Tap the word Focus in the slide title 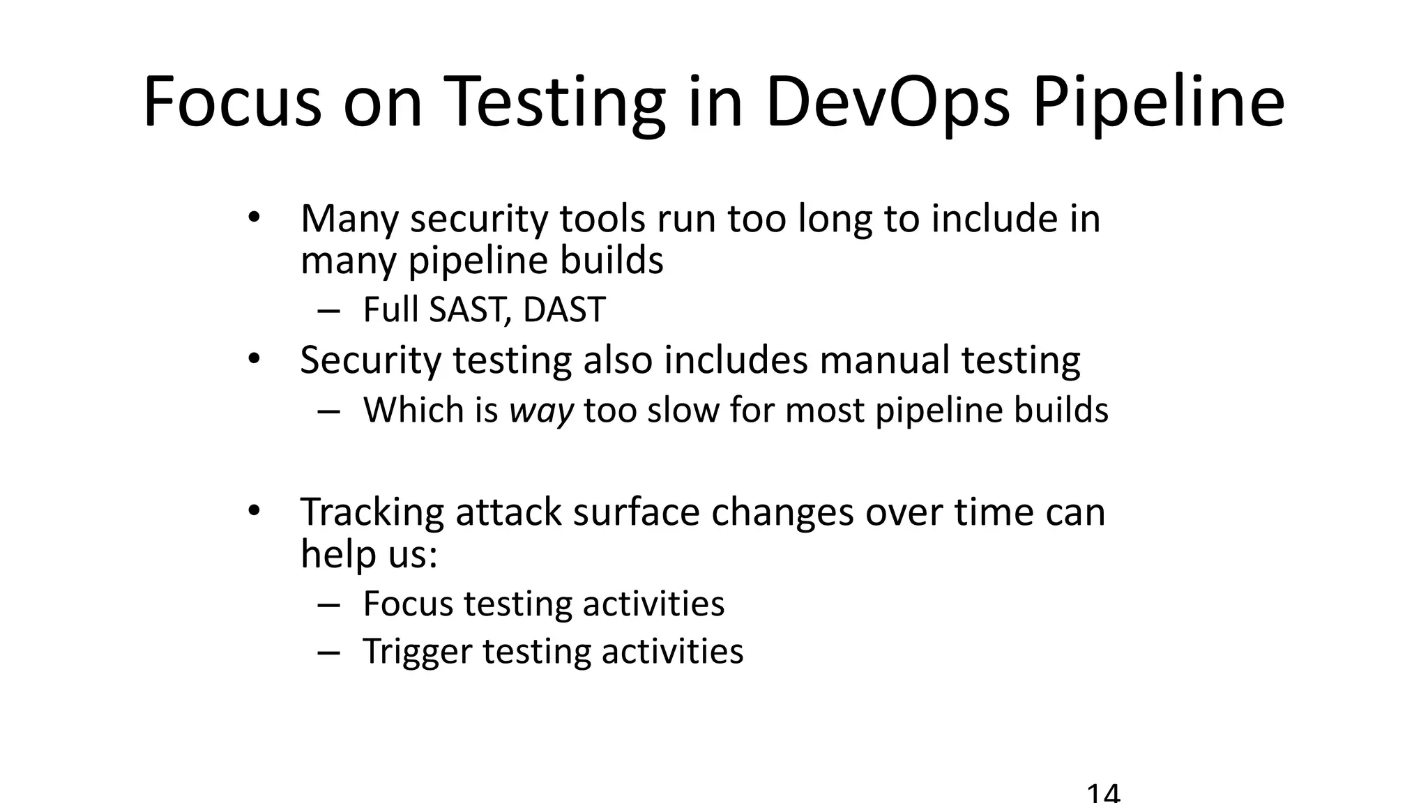pos(232,102)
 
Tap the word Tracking pos(372,513)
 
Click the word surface pos(636,513)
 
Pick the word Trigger pos(417,652)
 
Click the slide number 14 pos(1103,793)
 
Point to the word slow pos(683,410)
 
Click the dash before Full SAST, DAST pos(328,311)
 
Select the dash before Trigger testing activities pos(328,652)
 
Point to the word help pos(333,555)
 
